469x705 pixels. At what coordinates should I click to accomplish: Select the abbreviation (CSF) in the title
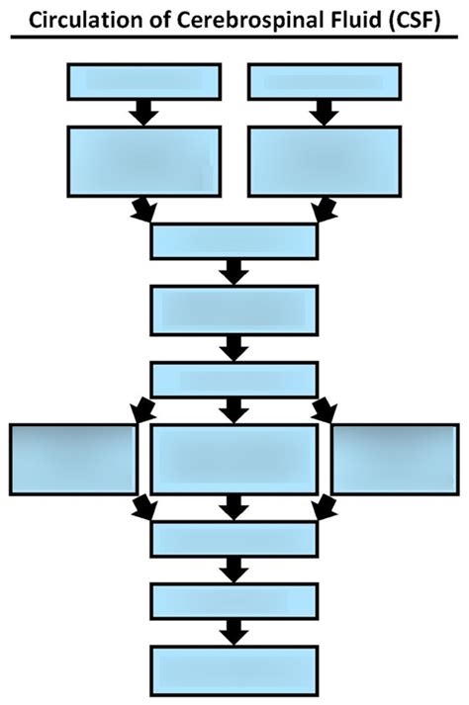(x=413, y=18)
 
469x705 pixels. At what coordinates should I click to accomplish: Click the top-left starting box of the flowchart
(x=143, y=81)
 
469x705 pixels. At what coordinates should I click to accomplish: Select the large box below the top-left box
(x=143, y=161)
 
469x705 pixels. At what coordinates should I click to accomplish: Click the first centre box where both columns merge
(x=234, y=240)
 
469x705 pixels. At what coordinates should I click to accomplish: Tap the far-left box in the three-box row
(x=73, y=459)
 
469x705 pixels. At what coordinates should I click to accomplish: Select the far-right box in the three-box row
(x=394, y=459)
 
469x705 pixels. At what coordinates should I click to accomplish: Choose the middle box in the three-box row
(x=234, y=459)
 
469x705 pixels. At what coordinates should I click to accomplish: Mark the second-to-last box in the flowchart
(x=234, y=600)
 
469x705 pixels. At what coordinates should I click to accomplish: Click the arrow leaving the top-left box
(x=144, y=112)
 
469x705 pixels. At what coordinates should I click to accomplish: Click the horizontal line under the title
(x=234, y=38)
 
